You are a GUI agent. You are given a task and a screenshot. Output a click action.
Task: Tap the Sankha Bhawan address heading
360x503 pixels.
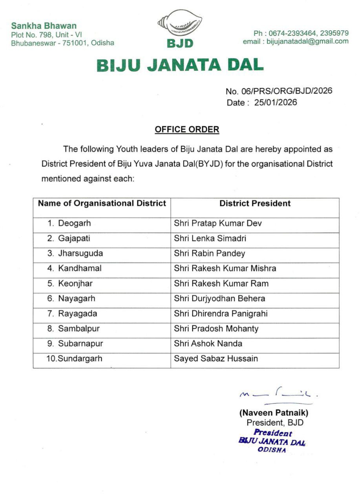(44, 26)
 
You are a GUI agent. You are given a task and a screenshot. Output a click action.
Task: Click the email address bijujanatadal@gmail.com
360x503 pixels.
(307, 41)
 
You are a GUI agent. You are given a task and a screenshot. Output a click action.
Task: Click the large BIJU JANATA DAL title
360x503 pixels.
(180, 65)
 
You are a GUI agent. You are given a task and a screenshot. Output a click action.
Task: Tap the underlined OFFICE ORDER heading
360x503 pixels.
(187, 129)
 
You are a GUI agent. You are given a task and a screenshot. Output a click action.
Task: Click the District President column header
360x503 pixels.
(255, 203)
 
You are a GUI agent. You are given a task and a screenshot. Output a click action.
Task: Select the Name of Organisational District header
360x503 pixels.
(102, 203)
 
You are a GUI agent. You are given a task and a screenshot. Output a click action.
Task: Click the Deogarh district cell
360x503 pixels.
(74, 223)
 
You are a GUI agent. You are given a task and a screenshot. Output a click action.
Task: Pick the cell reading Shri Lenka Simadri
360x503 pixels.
(210, 238)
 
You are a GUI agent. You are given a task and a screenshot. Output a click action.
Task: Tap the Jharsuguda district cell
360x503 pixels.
(80, 253)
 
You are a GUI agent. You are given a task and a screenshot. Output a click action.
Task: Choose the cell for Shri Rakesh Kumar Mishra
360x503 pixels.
(225, 268)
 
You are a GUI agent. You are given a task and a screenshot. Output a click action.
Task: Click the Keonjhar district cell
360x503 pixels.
(75, 283)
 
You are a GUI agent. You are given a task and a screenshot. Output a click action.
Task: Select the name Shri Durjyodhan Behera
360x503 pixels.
(219, 298)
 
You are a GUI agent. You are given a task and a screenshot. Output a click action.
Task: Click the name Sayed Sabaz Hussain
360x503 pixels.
(216, 358)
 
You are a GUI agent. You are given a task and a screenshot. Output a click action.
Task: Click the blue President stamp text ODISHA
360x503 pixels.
(272, 450)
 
